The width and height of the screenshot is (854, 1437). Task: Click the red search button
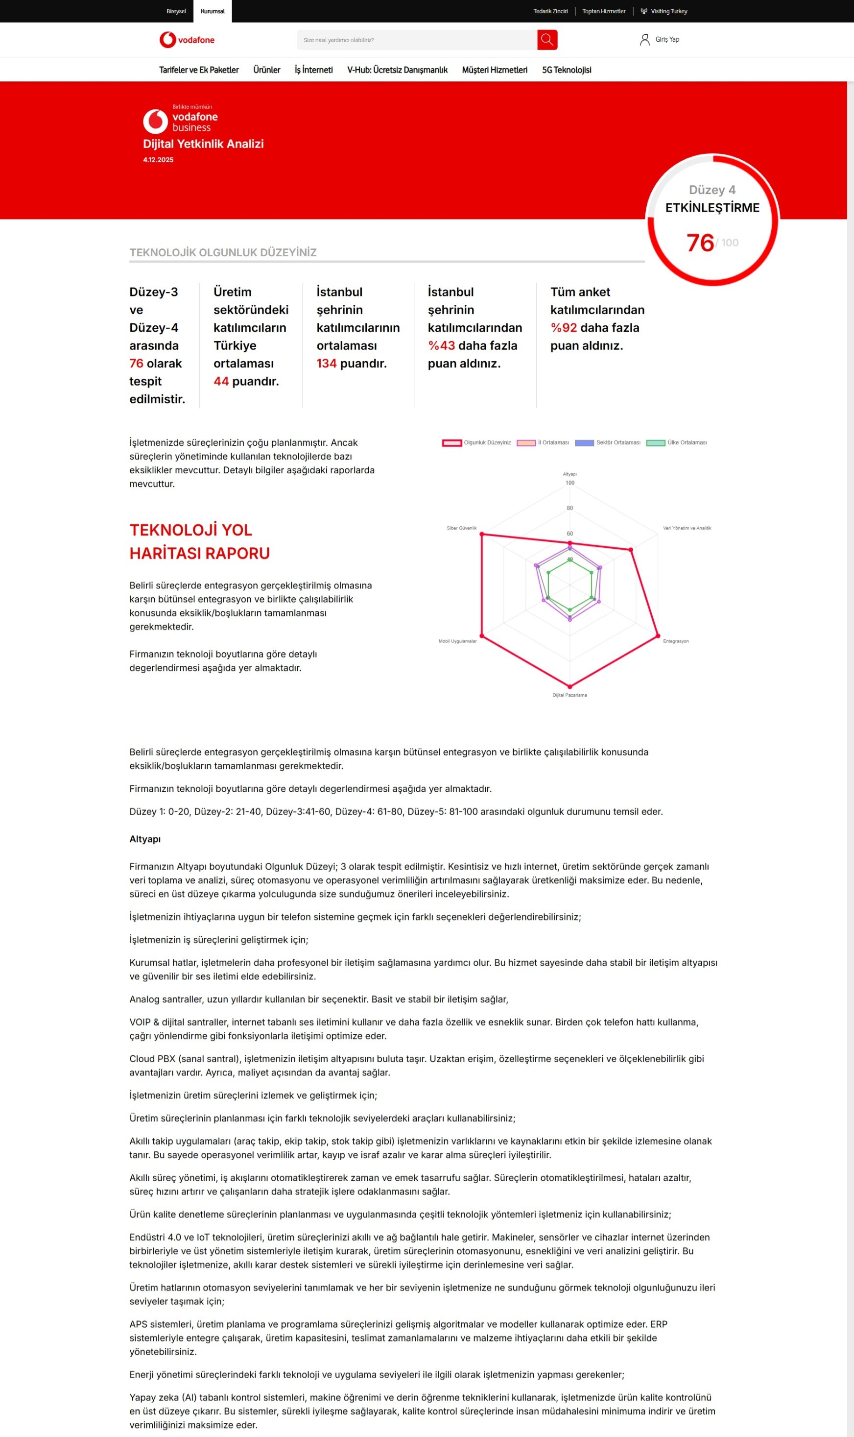(546, 40)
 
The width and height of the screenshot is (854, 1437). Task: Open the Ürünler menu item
(266, 70)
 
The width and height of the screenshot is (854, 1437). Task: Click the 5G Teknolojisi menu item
(566, 70)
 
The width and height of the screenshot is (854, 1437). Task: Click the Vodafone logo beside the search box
(187, 40)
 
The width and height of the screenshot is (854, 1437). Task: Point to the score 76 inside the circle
(700, 243)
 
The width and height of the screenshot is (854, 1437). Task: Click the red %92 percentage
(564, 328)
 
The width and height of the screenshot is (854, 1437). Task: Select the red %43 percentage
(441, 346)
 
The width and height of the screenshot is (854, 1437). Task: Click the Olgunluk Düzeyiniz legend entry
(476, 443)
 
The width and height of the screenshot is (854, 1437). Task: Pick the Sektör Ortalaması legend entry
(608, 443)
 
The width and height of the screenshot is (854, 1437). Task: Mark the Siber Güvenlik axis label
(462, 528)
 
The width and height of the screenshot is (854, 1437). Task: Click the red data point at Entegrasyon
(658, 636)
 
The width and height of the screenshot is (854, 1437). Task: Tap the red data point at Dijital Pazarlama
(569, 687)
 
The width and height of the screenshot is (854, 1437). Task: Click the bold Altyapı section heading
(145, 839)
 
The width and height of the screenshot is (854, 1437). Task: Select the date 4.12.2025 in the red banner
(158, 160)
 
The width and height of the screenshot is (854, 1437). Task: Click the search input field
(417, 40)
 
